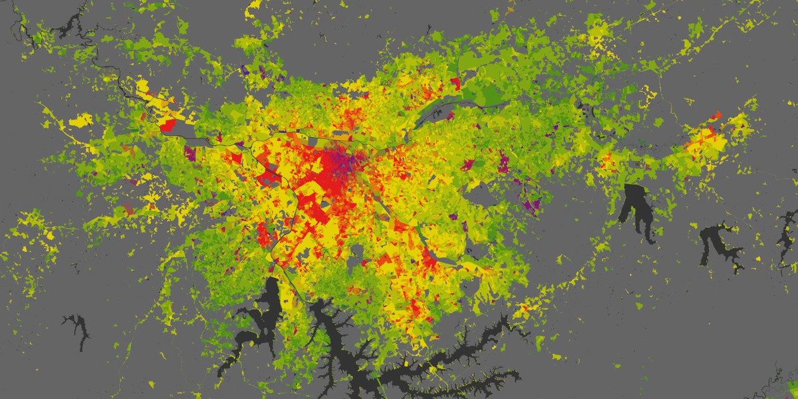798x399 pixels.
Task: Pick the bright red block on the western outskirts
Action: coord(167,124)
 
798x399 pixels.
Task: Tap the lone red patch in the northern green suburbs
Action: coord(455,83)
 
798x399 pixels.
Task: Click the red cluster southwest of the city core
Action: coord(263,233)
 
